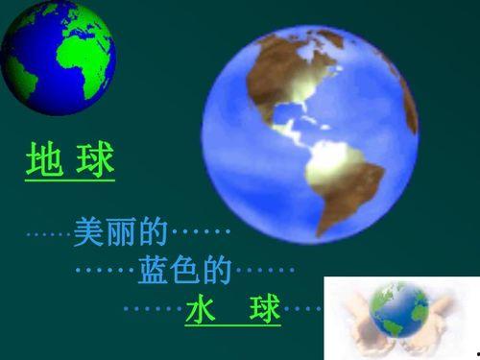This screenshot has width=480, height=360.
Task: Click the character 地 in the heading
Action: pos(44,159)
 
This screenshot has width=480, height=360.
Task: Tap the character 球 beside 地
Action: pos(95,159)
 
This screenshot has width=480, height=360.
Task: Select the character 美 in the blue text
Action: pos(88,231)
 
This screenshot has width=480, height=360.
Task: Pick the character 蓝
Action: pos(153,270)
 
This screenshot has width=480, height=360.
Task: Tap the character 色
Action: pos(185,270)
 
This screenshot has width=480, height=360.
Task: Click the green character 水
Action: pos(201,308)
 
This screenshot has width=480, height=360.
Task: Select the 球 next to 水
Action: pos(266,308)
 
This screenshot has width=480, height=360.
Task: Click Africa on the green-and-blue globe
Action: pos(84,64)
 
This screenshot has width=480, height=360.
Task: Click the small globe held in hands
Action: pos(399,310)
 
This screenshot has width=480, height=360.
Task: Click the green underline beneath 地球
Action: pos(70,180)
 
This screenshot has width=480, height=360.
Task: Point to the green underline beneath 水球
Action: pos(233,325)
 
